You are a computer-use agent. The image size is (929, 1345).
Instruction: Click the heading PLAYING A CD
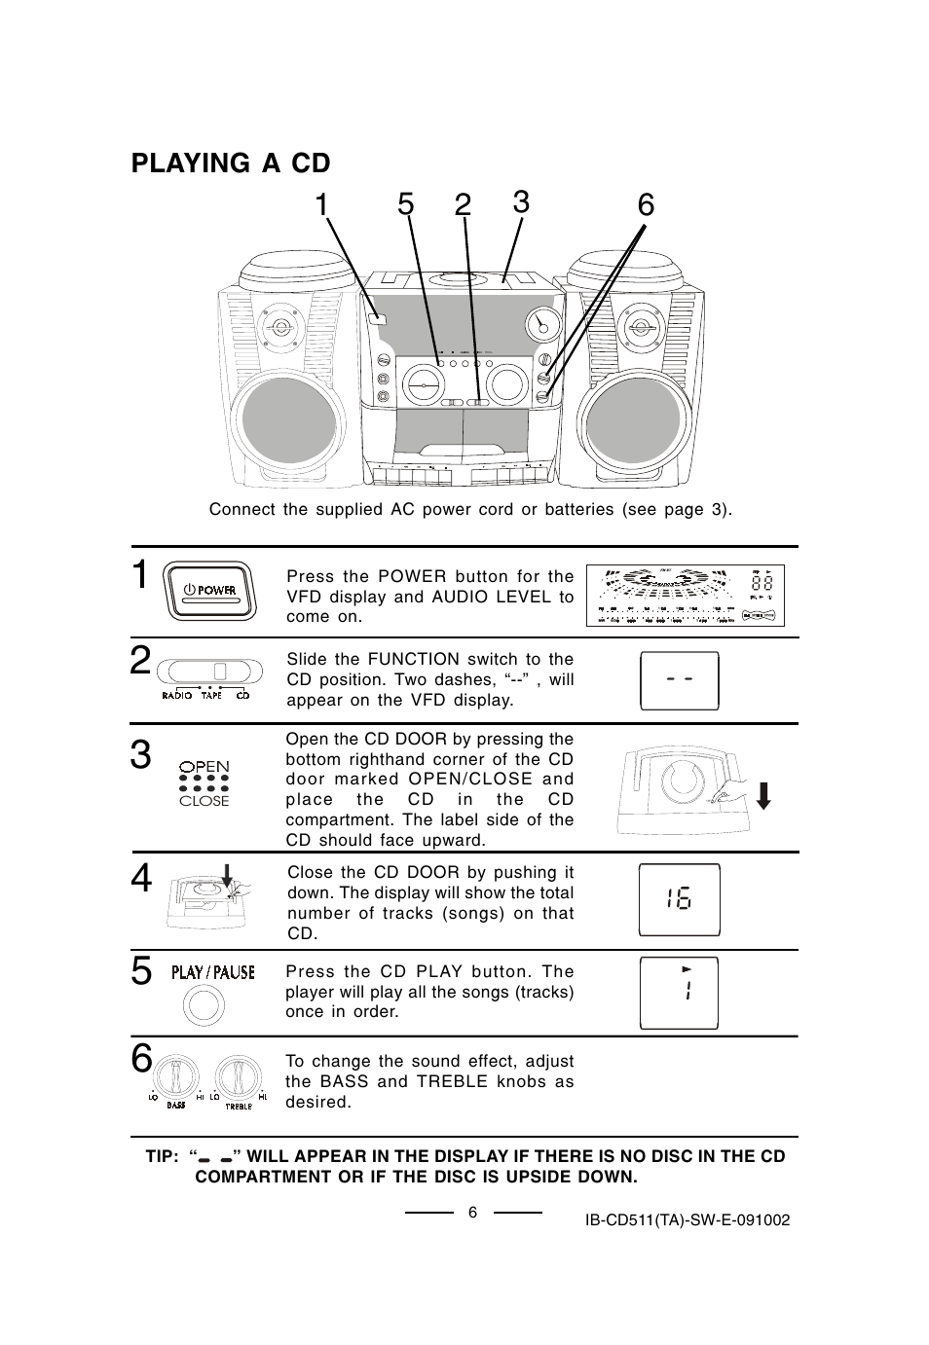pyautogui.click(x=231, y=163)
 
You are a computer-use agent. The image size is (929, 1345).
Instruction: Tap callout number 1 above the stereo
pyautogui.click(x=322, y=205)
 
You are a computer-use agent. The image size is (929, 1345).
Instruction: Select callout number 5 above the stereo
pyautogui.click(x=406, y=205)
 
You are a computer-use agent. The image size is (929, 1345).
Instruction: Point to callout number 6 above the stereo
pyautogui.click(x=646, y=205)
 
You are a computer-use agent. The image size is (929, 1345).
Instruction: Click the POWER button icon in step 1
pyautogui.click(x=210, y=591)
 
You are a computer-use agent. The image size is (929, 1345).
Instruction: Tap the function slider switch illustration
pyautogui.click(x=210, y=672)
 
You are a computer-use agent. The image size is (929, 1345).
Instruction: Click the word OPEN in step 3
pyautogui.click(x=204, y=767)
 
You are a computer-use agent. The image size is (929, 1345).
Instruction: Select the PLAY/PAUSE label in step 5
pyautogui.click(x=213, y=972)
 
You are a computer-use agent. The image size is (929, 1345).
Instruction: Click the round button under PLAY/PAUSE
pyautogui.click(x=205, y=1005)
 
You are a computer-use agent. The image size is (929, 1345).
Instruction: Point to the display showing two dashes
pyautogui.click(x=679, y=680)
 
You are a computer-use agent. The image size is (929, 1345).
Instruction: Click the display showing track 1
pyautogui.click(x=679, y=993)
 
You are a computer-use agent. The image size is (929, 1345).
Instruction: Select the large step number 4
pyautogui.click(x=141, y=879)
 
